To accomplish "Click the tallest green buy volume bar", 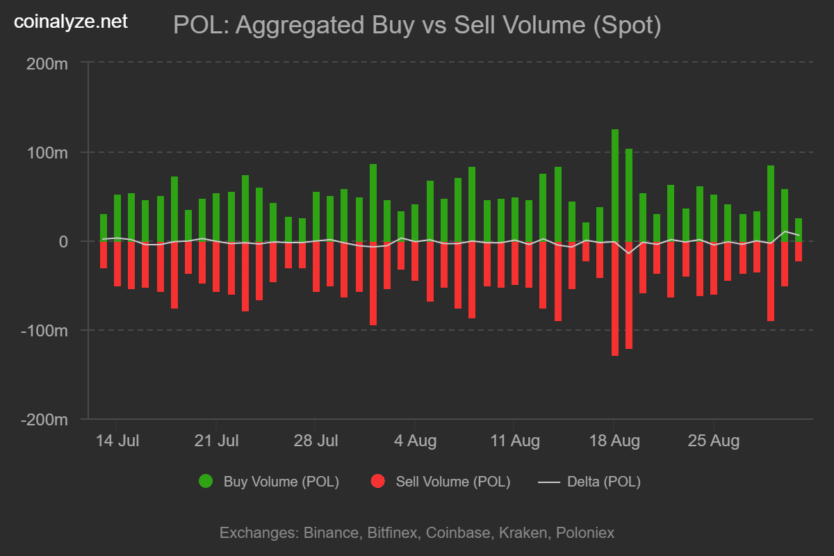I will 614,185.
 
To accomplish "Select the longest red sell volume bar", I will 614,299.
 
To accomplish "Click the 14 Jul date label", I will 116,441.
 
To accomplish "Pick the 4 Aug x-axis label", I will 415,441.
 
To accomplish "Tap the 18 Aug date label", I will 614,441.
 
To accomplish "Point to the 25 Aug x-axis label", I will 714,441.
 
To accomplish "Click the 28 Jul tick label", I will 316,441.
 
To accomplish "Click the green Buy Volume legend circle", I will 206,481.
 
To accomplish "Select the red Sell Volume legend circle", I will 378,481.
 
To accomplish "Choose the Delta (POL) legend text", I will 604,481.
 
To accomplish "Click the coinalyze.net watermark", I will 71,22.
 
